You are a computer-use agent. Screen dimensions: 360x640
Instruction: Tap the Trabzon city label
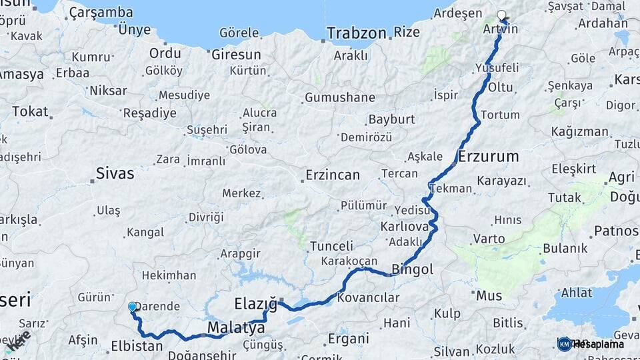point(357,33)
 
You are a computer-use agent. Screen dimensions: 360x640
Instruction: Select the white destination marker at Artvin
point(501,15)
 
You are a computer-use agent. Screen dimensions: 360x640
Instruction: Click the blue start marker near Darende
point(132,307)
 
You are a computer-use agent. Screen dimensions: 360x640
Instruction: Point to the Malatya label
point(236,328)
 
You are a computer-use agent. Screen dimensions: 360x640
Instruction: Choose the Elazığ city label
point(255,305)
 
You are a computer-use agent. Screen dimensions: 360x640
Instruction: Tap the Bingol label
point(413,270)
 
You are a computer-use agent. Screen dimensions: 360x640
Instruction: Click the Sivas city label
point(115,174)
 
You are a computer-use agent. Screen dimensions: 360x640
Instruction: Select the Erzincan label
point(332,175)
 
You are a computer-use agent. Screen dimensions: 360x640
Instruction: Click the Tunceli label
point(331,246)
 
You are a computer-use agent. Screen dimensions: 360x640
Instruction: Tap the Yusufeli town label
point(497,68)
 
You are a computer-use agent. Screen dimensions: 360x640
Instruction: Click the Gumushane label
point(340,97)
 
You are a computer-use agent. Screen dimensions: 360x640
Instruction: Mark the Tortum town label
point(499,115)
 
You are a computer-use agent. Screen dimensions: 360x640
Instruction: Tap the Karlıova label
point(403,227)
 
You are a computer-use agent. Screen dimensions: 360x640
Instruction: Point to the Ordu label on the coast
point(165,53)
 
